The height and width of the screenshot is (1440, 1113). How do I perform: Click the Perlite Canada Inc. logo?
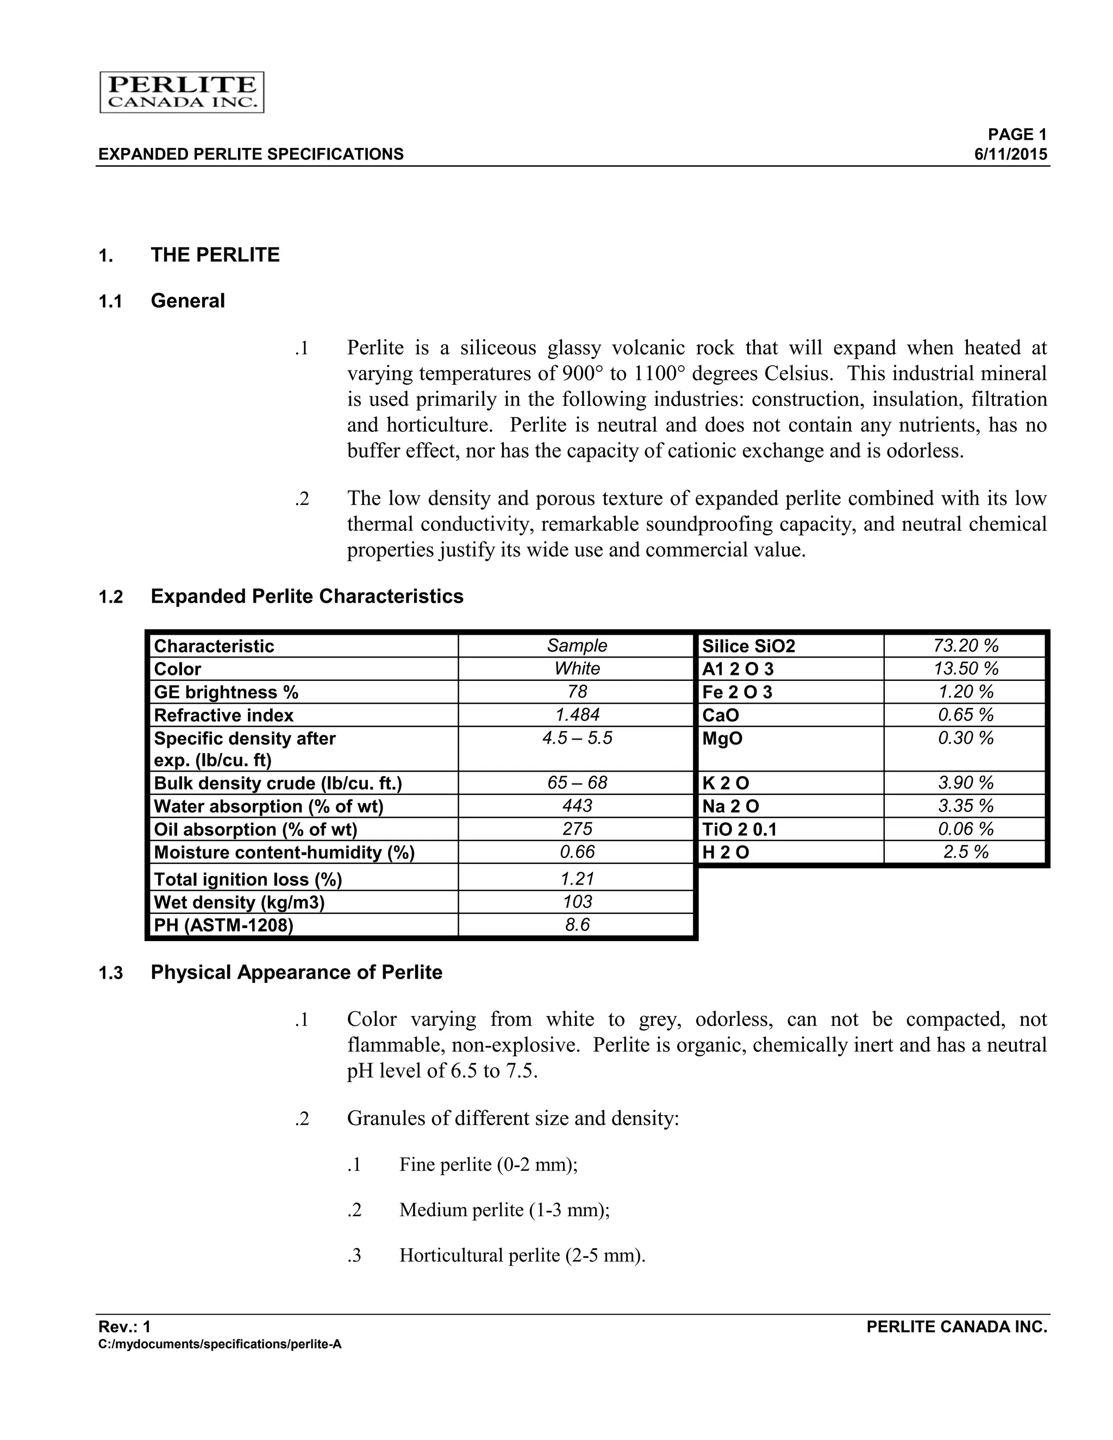(x=182, y=92)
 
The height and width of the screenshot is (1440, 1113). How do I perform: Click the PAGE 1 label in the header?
(x=1017, y=135)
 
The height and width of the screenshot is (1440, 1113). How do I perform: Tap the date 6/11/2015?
(x=1011, y=154)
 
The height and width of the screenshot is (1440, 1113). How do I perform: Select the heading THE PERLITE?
(x=215, y=255)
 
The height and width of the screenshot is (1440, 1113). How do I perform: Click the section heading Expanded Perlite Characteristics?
(x=307, y=596)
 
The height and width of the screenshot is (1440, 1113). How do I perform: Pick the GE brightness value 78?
(x=577, y=692)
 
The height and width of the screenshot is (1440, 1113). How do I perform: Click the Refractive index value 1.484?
(x=577, y=715)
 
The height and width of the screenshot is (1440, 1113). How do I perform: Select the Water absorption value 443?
(x=577, y=806)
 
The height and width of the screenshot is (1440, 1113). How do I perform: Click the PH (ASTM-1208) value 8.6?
(x=577, y=925)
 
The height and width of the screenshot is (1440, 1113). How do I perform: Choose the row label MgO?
(x=722, y=738)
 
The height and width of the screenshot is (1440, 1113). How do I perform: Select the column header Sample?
(x=577, y=646)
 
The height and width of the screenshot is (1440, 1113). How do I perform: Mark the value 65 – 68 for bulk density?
(x=577, y=782)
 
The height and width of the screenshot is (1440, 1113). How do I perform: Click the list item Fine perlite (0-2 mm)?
(x=488, y=1164)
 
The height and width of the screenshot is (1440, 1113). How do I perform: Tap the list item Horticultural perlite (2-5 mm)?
(x=522, y=1255)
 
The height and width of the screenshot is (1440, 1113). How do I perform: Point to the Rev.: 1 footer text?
(x=124, y=1326)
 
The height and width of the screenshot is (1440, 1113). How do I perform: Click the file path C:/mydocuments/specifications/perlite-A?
(x=220, y=1344)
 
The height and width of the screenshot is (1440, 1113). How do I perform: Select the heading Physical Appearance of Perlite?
(x=296, y=973)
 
